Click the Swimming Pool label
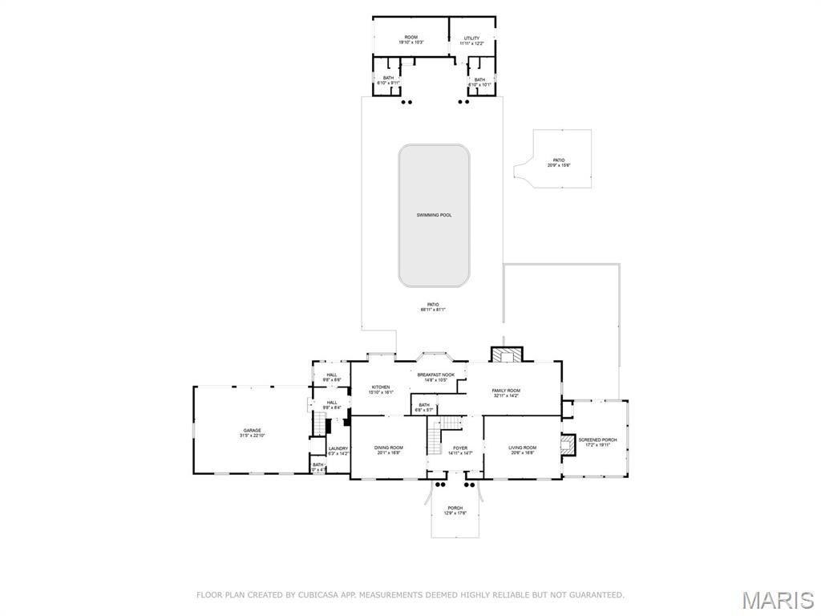tap(434, 215)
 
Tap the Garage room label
tap(252, 431)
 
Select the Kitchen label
tap(381, 387)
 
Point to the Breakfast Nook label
tap(436, 375)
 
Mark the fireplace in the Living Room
tap(568, 445)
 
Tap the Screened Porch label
tap(598, 440)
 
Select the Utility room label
tap(471, 38)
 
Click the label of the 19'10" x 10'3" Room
tap(410, 38)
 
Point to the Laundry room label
tap(338, 448)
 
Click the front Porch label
tap(455, 508)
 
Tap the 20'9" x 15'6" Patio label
tap(558, 160)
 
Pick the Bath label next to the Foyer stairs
tap(424, 405)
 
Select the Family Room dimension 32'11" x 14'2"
tap(506, 395)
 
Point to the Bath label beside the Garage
tap(318, 464)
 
